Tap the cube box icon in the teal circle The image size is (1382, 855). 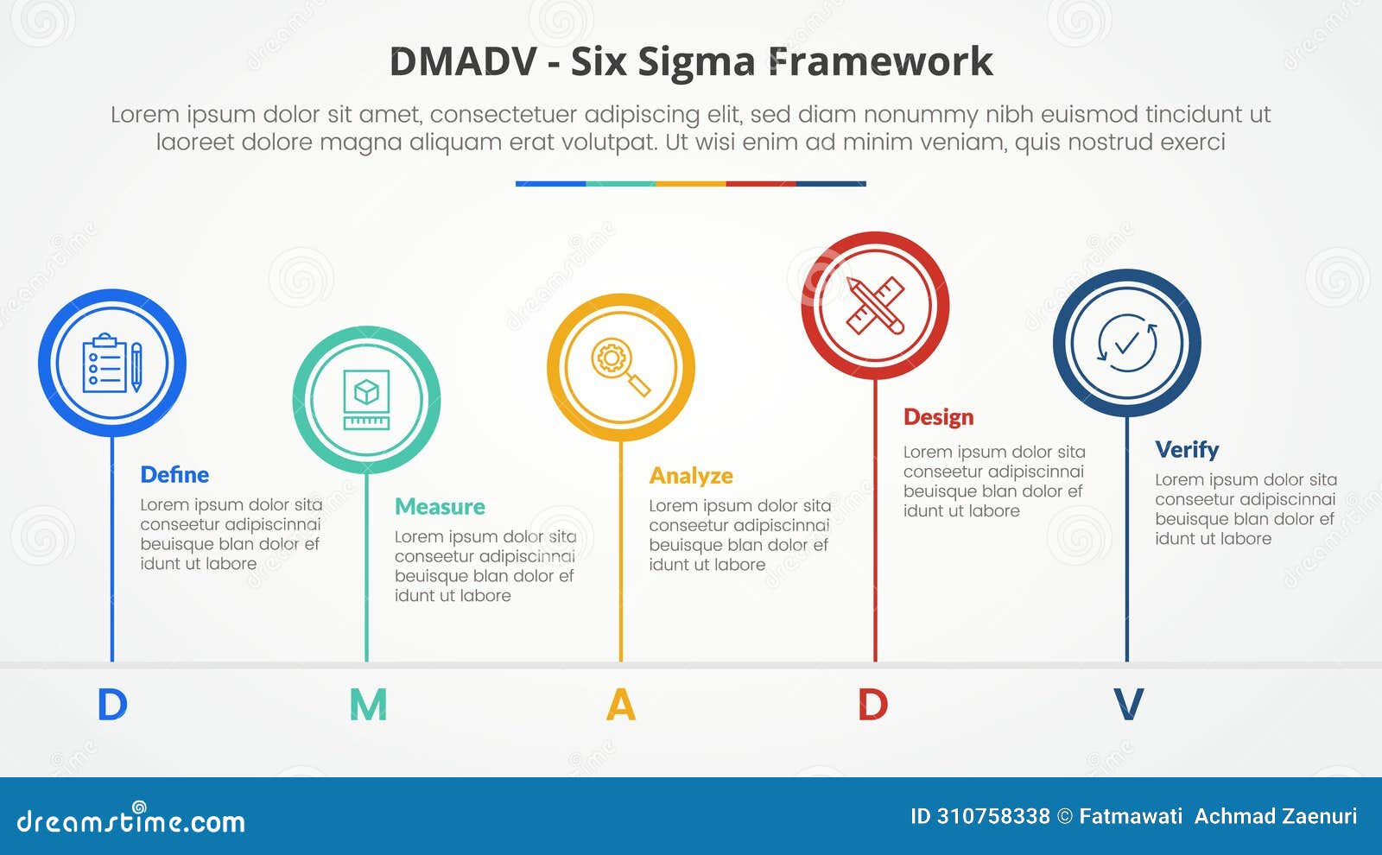(366, 400)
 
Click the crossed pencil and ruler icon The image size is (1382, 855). (875, 306)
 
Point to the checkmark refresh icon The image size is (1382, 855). (1126, 344)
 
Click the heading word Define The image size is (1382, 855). (174, 475)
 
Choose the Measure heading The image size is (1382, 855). (440, 507)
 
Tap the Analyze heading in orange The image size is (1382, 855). (691, 476)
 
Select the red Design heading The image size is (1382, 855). (938, 417)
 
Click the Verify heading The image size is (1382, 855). (1187, 450)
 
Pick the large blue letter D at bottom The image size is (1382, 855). (112, 705)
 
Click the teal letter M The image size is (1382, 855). (368, 705)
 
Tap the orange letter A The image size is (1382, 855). (621, 705)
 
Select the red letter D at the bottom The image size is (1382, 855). (873, 705)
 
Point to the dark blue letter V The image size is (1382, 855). (1128, 705)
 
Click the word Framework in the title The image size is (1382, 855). (880, 62)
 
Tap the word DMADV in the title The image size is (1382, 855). (463, 62)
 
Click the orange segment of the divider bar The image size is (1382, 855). (691, 184)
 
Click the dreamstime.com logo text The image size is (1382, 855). (131, 820)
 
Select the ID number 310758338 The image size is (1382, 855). (992, 816)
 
